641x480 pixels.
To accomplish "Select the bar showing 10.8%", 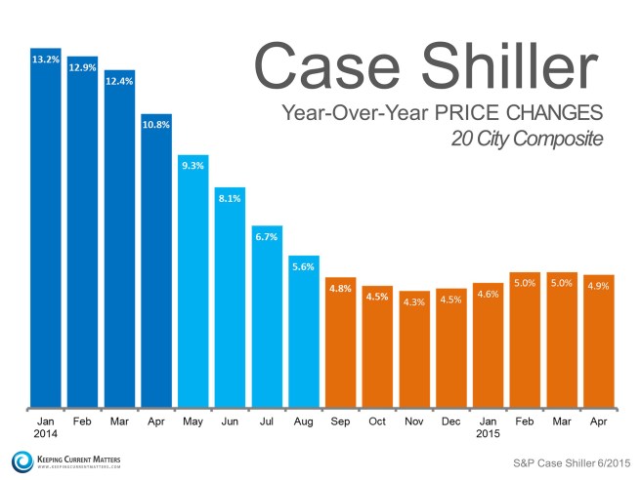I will click(x=156, y=263).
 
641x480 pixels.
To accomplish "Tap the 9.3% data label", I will click(x=192, y=166).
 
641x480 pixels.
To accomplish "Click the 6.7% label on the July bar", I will click(x=266, y=237).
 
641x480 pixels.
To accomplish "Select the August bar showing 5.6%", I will click(x=303, y=332).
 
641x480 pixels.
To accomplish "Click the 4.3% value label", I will click(x=413, y=302).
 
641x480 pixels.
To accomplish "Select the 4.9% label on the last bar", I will click(x=598, y=286).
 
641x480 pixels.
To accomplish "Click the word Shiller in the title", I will click(x=517, y=62).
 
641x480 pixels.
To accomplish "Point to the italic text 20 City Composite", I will click(x=527, y=139).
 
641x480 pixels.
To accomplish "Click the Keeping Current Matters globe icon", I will click(x=21, y=460).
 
